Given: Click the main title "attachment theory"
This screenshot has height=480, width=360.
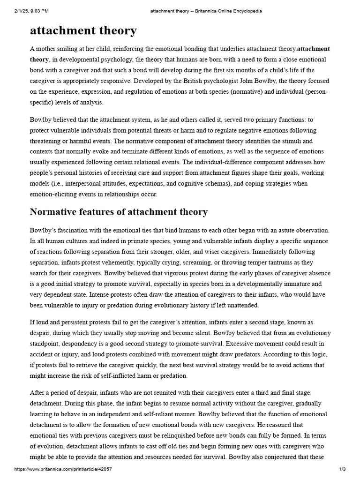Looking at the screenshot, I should click(83, 31).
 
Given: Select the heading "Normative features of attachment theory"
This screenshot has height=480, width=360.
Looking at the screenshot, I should click(119, 212).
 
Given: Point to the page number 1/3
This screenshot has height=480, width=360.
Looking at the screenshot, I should click(343, 469).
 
